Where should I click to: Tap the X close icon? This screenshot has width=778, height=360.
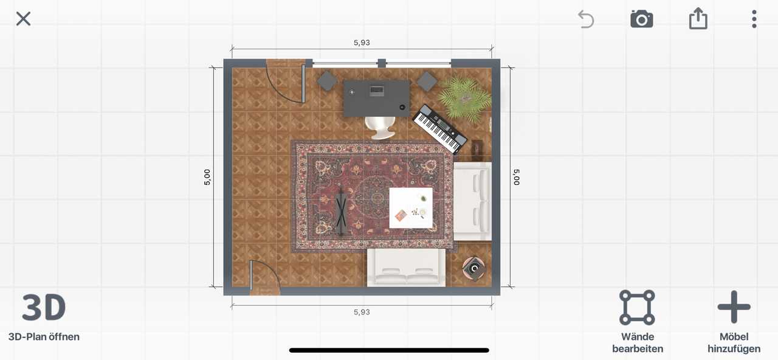pyautogui.click(x=23, y=19)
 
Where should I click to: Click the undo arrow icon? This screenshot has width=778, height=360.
pyautogui.click(x=586, y=19)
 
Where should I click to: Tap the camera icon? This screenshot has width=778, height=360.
pyautogui.click(x=641, y=19)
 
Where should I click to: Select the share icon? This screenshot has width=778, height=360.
pyautogui.click(x=698, y=18)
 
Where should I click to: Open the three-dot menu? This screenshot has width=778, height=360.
pyautogui.click(x=754, y=19)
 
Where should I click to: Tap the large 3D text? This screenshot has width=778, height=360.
pyautogui.click(x=44, y=307)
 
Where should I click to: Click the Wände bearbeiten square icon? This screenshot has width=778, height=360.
pyautogui.click(x=637, y=307)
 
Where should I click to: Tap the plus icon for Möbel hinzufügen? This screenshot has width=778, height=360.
pyautogui.click(x=734, y=307)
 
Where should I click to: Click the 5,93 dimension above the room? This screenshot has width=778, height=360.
pyautogui.click(x=362, y=43)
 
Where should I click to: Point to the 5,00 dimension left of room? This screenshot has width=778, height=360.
pyautogui.click(x=207, y=177)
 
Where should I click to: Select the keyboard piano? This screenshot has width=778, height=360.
pyautogui.click(x=439, y=128)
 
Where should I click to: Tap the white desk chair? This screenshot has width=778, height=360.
pyautogui.click(x=380, y=128)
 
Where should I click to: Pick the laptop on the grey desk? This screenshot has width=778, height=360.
pyautogui.click(x=376, y=91)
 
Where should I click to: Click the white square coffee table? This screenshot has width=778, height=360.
pyautogui.click(x=411, y=208)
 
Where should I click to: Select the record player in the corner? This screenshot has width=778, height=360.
pyautogui.click(x=474, y=269)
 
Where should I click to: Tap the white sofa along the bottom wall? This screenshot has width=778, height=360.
pyautogui.click(x=407, y=268)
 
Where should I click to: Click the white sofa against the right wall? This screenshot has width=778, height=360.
pyautogui.click(x=473, y=201)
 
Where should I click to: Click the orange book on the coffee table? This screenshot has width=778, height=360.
pyautogui.click(x=401, y=215)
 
